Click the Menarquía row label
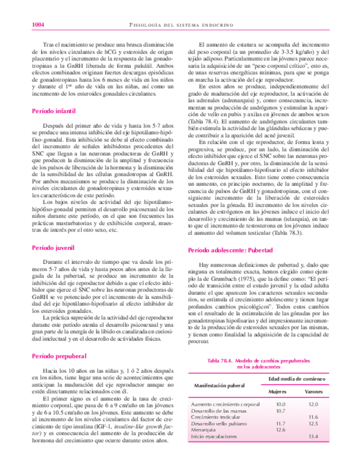point(206,430)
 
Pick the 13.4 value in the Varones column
point(313,436)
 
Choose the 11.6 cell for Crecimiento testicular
point(313,416)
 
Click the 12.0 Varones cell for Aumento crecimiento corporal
point(313,404)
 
